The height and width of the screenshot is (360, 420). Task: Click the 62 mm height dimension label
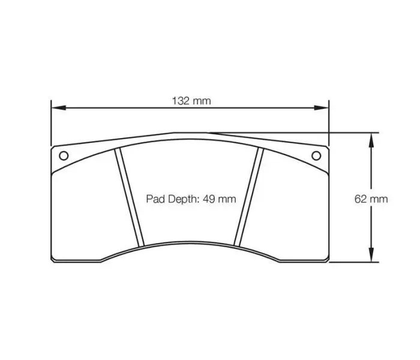point(371,199)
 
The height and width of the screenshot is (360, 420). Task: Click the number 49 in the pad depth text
point(209,199)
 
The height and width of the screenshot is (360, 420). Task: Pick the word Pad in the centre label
point(155,199)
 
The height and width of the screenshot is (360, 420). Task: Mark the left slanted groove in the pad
point(131,197)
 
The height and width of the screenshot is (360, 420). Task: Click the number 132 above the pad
point(183,101)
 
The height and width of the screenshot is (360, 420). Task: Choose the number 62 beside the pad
point(361,199)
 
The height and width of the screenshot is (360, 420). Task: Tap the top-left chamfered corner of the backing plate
point(54,146)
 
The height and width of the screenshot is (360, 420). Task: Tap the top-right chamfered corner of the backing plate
point(327,146)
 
